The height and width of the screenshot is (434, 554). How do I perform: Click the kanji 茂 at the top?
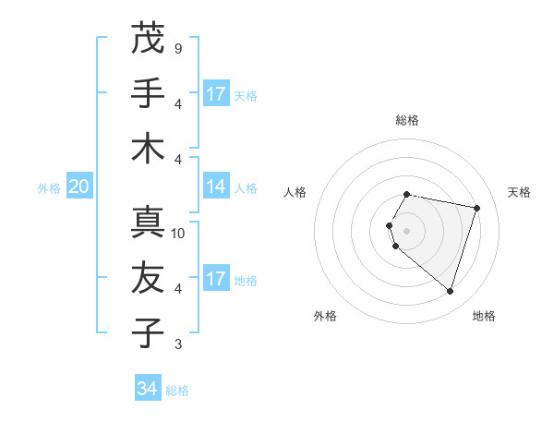(x=148, y=38)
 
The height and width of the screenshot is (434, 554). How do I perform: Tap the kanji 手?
(x=148, y=93)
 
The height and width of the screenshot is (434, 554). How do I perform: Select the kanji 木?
(x=148, y=149)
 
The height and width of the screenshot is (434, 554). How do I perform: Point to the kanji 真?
(x=148, y=223)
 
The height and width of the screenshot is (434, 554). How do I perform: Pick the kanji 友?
(x=148, y=278)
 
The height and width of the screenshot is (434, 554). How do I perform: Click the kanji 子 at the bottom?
(x=148, y=333)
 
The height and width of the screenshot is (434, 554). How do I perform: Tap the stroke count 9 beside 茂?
(x=177, y=48)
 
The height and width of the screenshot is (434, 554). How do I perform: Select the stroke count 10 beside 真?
(x=178, y=234)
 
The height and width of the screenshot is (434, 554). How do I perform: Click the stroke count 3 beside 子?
(x=177, y=344)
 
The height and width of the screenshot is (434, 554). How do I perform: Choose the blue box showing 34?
(x=147, y=389)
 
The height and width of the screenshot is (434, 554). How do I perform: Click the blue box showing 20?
(x=78, y=187)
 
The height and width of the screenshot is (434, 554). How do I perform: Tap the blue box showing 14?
(x=216, y=187)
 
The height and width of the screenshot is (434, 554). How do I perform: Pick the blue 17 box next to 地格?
(x=216, y=279)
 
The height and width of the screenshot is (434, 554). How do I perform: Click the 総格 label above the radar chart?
(x=406, y=120)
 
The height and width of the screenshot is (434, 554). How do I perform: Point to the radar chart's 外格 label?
(x=325, y=317)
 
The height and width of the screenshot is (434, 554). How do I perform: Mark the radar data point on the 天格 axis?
(x=476, y=208)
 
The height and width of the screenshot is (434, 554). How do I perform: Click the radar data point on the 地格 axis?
(x=450, y=291)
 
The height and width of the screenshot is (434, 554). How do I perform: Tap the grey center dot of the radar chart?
(x=406, y=231)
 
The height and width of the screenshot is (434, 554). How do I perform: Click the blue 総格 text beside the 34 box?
(x=177, y=391)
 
